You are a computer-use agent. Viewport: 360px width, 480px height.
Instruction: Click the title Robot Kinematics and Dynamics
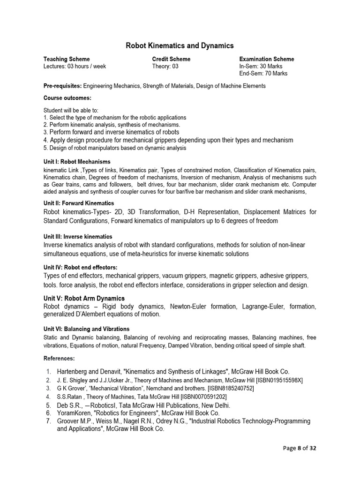[180, 45]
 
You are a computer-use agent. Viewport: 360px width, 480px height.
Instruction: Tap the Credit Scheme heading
[171, 59]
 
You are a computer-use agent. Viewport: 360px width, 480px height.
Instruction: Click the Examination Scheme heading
[267, 59]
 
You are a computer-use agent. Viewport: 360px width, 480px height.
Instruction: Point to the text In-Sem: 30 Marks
[261, 66]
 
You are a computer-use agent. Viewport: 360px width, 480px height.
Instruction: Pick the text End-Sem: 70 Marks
[263, 74]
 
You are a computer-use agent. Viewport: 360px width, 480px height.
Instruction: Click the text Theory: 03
[165, 66]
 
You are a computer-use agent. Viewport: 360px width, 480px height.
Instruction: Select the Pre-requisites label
[62, 86]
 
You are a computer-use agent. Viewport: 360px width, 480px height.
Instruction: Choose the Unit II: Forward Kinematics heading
[79, 203]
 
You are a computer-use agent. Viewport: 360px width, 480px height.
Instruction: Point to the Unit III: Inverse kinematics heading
[78, 237]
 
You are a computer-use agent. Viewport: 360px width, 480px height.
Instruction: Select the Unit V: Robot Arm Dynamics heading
[84, 298]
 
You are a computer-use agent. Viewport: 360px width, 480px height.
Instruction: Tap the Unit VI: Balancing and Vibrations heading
[86, 329]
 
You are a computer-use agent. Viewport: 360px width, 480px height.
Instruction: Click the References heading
[59, 358]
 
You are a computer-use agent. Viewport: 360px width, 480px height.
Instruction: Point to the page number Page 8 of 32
[300, 448]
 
